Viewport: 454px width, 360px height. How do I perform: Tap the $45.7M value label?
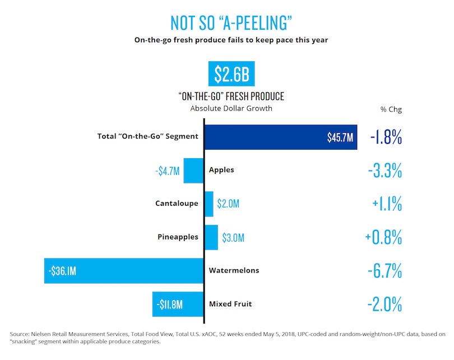[x=340, y=138]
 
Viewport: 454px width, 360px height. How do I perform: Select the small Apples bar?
[x=193, y=170]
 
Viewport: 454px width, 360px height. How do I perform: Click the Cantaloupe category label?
[x=177, y=203]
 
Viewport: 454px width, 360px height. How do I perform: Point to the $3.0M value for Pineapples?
[x=233, y=238]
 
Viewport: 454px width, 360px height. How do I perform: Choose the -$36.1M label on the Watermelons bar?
[x=62, y=271]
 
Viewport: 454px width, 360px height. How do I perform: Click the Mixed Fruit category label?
[x=230, y=304]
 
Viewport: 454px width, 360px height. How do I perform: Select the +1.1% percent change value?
[x=386, y=204]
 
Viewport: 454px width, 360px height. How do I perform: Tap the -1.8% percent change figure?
[x=386, y=138]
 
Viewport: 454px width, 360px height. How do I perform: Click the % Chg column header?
[x=391, y=109]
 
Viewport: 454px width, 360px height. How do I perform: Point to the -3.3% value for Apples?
[x=386, y=171]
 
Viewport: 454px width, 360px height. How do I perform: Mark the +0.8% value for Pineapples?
[x=383, y=238]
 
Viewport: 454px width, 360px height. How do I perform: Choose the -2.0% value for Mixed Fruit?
[x=384, y=305]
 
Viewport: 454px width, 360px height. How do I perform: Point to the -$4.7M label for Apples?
[x=168, y=170]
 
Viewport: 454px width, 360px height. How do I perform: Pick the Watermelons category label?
[x=234, y=270]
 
